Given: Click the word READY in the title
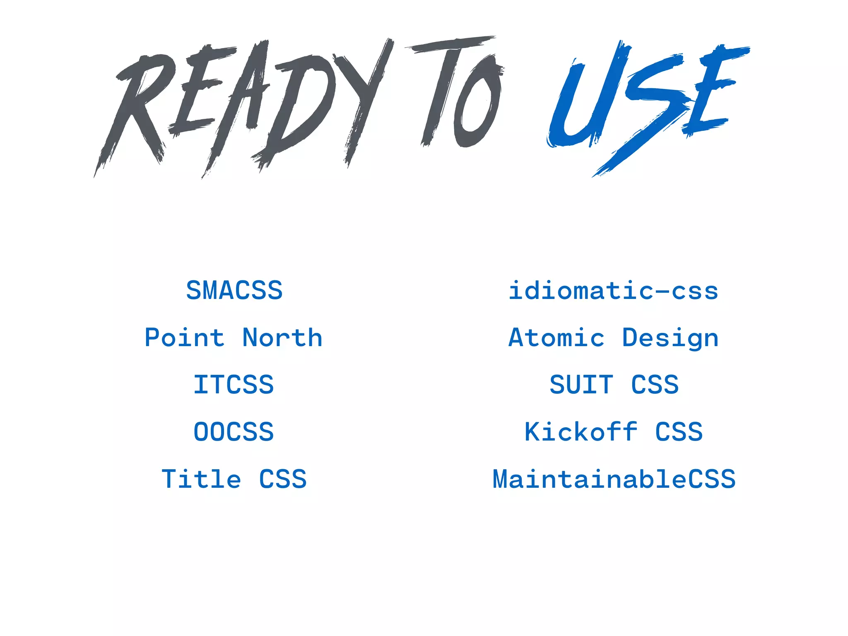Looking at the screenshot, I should coord(244,108).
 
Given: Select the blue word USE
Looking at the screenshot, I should coord(646,104).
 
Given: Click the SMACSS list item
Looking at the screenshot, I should coord(234,290).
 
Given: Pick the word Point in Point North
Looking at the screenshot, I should coord(184,337).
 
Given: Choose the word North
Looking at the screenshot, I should coord(282,337).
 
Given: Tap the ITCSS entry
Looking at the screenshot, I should coord(234,385).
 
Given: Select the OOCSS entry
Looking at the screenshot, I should coord(234,432).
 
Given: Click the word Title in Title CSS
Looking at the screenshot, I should coord(201,479).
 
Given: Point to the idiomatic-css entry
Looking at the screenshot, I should coord(614,290).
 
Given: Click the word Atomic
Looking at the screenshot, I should coord(556,337).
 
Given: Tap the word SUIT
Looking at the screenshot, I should coord(581,385).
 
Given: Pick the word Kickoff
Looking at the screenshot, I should coord(581,432).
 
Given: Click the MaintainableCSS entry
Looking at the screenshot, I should coord(614,479).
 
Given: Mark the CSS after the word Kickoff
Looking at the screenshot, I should coord(679,432).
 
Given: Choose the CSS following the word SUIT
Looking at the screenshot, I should coord(655,385).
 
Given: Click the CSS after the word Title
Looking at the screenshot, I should coord(283,479).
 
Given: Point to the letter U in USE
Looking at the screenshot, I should coord(584,104).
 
